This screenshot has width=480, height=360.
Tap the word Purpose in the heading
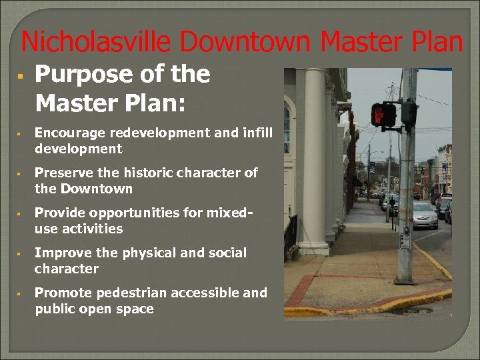(75, 75)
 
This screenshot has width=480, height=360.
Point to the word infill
(255, 133)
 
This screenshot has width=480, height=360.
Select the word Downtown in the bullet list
(97, 189)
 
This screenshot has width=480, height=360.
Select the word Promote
(62, 293)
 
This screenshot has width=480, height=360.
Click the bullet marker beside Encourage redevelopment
(22, 133)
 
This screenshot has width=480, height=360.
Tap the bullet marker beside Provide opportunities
(22, 213)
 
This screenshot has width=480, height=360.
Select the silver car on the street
(424, 215)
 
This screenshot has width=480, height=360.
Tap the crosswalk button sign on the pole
(405, 240)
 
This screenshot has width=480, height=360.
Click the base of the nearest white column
(313, 247)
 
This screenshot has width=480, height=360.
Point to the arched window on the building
(288, 127)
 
